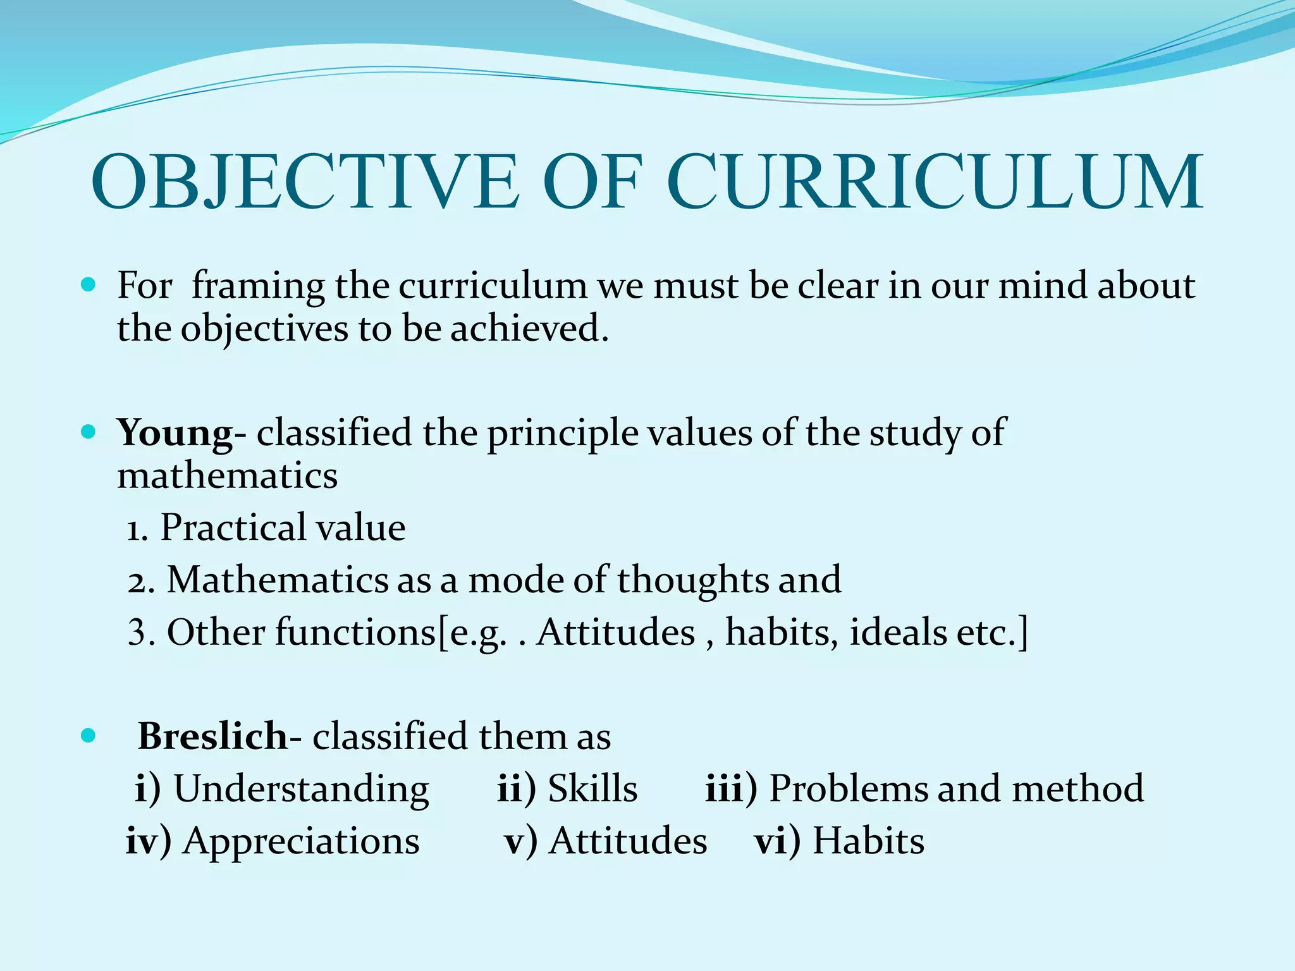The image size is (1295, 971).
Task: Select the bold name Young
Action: [x=175, y=434]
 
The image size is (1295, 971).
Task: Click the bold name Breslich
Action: [x=212, y=736]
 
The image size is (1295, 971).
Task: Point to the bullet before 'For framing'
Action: [x=89, y=285]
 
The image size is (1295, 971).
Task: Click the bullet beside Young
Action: [x=89, y=432]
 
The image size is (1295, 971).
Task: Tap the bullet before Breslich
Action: [x=89, y=735]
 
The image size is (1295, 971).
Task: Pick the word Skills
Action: [x=592, y=789]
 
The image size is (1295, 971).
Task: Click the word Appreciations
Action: [x=301, y=842]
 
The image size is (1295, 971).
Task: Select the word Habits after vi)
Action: [x=868, y=841]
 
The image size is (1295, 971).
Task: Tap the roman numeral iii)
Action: [x=730, y=789]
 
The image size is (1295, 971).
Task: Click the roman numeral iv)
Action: [x=148, y=841]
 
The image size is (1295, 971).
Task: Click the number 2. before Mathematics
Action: [x=141, y=581]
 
